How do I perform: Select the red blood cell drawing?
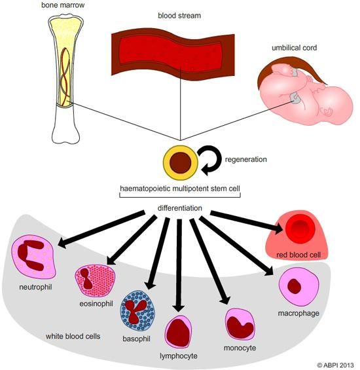click(x=302, y=230)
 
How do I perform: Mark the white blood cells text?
click(x=73, y=337)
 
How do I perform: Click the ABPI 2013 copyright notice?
click(x=334, y=364)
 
